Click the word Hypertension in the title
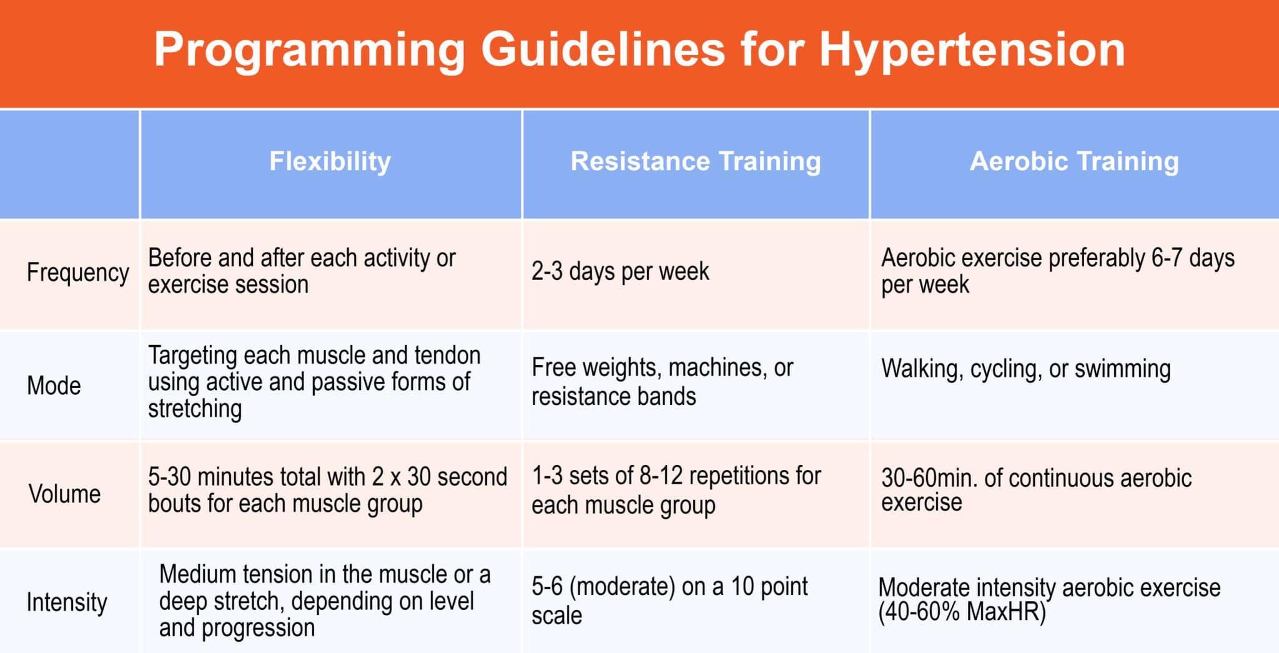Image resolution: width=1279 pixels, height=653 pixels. coord(972,50)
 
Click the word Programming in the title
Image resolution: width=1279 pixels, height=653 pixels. coord(309,50)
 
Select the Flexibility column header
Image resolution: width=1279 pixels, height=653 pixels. coord(330,161)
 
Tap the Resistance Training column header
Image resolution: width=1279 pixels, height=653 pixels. coord(696,161)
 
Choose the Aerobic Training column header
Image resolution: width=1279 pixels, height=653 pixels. coord(1074,161)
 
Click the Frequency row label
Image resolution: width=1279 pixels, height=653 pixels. coord(77,272)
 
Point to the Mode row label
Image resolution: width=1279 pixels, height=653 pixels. coord(54,386)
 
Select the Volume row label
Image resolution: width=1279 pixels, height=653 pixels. coord(64,494)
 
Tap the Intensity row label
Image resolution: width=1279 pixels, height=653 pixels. coord(67,602)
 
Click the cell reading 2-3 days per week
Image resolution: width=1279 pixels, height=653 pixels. coord(620,272)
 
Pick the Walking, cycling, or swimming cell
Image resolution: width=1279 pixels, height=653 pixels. coord(1025,369)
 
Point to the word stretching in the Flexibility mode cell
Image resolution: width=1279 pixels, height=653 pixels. coord(195,409)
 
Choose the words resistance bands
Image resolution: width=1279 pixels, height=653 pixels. coord(613,396)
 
